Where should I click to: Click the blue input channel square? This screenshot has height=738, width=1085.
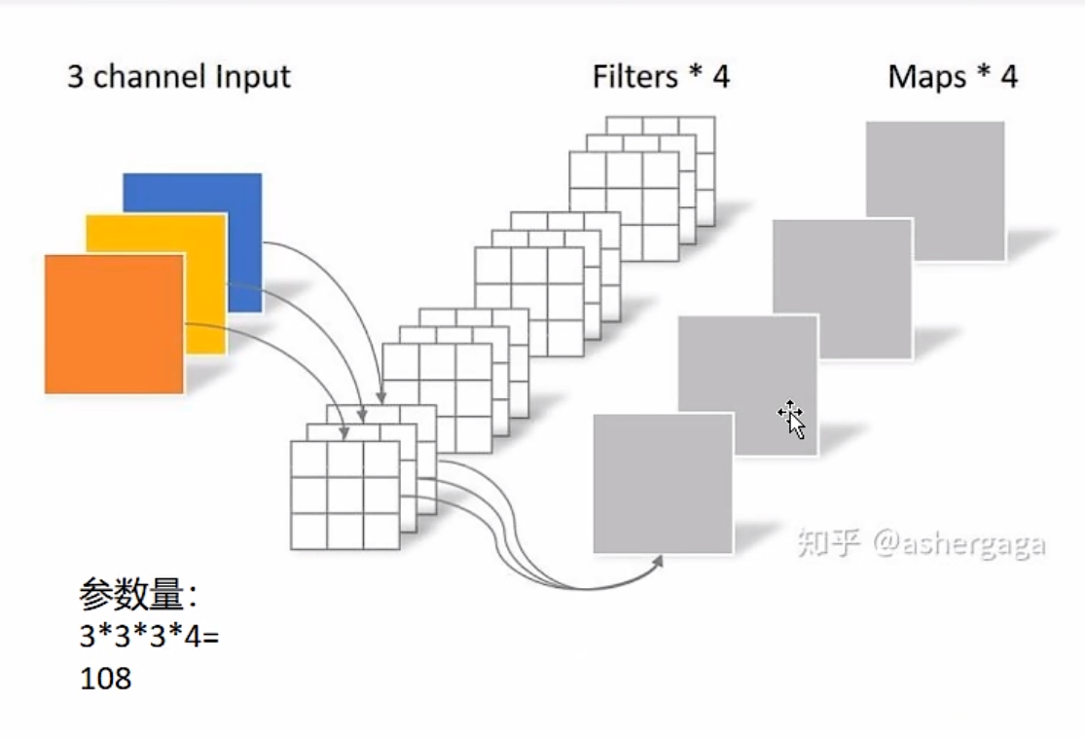193,242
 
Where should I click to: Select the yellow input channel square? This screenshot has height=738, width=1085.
157,284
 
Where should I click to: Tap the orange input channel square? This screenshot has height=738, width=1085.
114,324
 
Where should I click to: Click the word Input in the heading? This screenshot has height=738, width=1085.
253,78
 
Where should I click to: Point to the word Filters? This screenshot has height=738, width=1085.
635,76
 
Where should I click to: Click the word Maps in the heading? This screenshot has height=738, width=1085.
926,78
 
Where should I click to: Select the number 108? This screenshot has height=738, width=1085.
105,679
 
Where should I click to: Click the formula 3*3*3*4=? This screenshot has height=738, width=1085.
150,636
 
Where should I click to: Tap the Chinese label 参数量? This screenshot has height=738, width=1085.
130,594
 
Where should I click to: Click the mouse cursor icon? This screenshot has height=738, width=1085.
791,418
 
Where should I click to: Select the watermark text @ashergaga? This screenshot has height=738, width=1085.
959,544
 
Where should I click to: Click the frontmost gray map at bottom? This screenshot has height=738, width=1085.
663,484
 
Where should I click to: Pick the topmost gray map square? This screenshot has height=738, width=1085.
935,191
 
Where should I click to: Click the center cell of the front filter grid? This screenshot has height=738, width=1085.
344,496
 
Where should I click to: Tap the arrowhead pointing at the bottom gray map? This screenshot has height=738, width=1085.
658,562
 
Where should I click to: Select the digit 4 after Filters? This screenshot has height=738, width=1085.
721,77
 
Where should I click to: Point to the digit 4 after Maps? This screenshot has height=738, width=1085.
1009,77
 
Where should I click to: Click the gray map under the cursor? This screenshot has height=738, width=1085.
748,386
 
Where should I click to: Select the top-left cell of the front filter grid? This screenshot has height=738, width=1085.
308,460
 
